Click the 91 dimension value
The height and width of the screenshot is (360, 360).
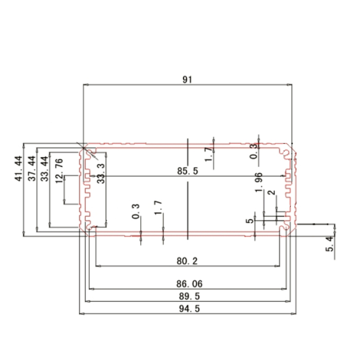187,80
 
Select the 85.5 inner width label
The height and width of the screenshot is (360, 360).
187,172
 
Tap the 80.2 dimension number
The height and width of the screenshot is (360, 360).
187,261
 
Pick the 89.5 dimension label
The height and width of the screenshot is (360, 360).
187,296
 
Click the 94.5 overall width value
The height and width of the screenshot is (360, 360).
187,308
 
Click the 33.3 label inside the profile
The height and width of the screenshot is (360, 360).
101,173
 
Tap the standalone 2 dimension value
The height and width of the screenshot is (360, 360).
271,193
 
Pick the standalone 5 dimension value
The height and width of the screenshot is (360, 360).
249,221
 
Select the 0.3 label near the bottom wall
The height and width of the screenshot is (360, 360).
135,211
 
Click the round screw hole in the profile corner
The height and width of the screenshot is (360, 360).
287,152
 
